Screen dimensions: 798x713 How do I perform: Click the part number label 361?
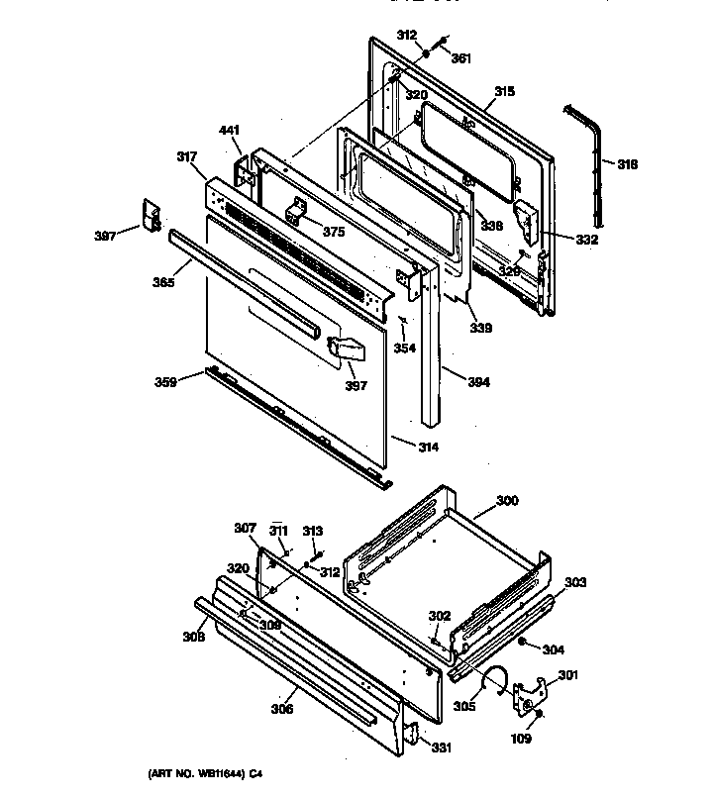point(461,57)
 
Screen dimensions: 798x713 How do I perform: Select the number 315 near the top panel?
point(504,91)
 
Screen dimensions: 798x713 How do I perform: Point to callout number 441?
point(230,130)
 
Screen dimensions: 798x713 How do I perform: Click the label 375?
point(334,232)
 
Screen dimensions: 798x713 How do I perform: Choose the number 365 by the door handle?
point(164,282)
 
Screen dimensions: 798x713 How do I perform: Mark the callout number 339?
point(481,328)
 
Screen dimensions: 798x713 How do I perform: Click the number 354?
point(404,348)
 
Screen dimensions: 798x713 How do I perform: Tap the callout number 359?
point(165,380)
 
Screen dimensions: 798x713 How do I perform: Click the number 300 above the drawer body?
point(506,502)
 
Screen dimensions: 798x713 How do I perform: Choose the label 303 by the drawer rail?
point(576,581)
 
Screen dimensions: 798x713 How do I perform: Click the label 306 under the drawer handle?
point(283,709)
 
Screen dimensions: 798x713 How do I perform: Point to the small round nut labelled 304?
point(523,645)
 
